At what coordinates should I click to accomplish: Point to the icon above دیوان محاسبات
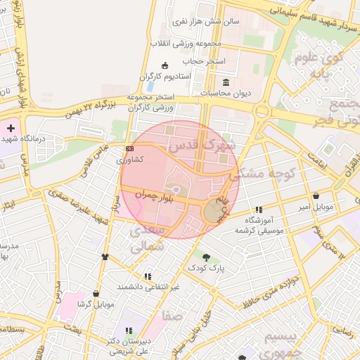[226, 82]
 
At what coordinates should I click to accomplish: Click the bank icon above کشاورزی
[129, 149]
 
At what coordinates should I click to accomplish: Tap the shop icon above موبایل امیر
[316, 195]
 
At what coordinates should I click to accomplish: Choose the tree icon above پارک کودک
[206, 257]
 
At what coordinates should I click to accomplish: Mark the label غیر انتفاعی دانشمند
[148, 287]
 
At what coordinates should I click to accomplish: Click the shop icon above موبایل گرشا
[96, 294]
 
